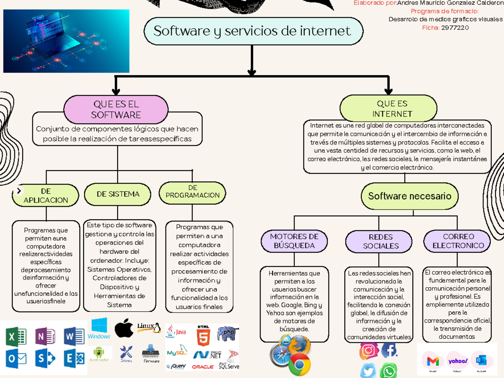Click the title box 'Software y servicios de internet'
253,31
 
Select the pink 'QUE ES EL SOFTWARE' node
115,109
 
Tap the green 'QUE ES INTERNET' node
392,108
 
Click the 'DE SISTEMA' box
118,194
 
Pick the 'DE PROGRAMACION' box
192,192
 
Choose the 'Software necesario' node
409,196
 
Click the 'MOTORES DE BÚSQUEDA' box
294,241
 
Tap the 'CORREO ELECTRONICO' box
458,241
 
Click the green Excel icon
16,337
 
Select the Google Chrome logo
299,364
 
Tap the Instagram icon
368,351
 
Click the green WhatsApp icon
388,371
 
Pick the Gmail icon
433,361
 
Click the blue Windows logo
99,328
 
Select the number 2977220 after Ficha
455,28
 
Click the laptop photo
66,41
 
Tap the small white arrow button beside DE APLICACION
18,191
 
